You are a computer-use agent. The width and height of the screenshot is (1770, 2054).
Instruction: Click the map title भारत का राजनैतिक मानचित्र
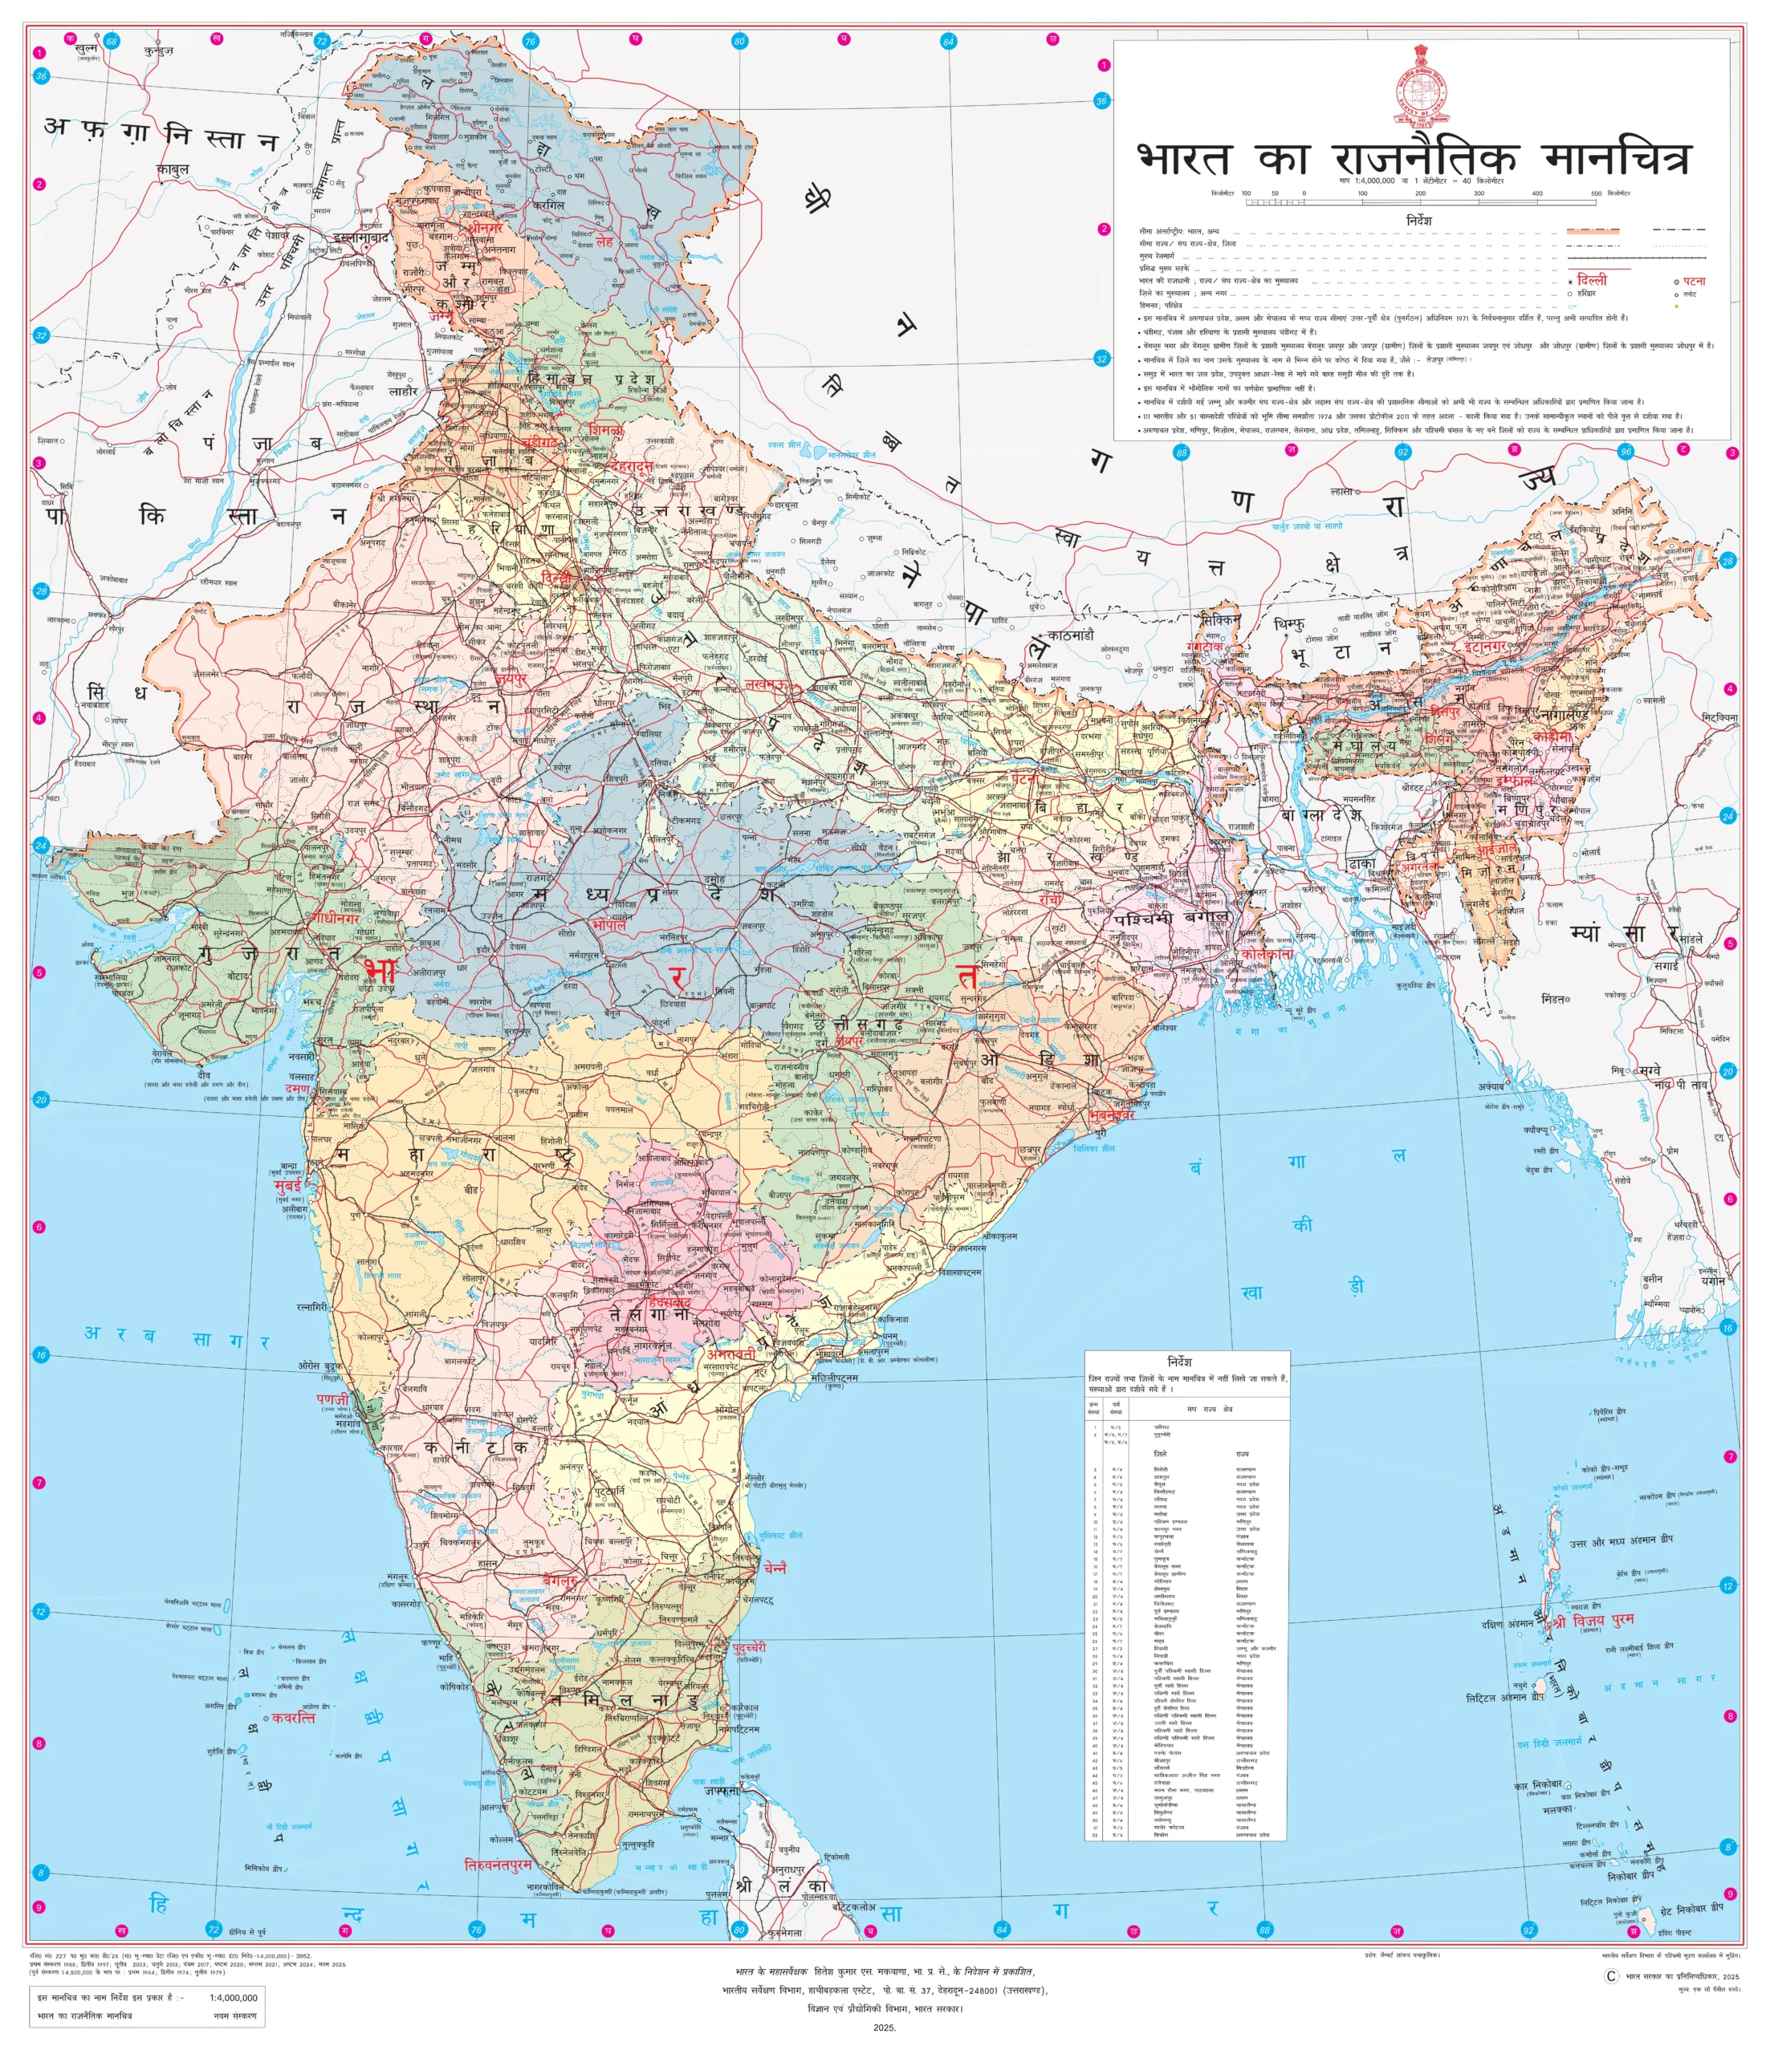[1412, 156]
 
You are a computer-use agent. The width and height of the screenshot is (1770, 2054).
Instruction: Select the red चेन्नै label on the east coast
[775, 1567]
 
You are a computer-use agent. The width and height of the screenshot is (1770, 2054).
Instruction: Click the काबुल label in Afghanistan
[173, 168]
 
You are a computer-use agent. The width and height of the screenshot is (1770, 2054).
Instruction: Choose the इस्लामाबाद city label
[366, 238]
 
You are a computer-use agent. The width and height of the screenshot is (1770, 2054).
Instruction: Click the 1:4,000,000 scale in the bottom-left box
[234, 1996]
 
